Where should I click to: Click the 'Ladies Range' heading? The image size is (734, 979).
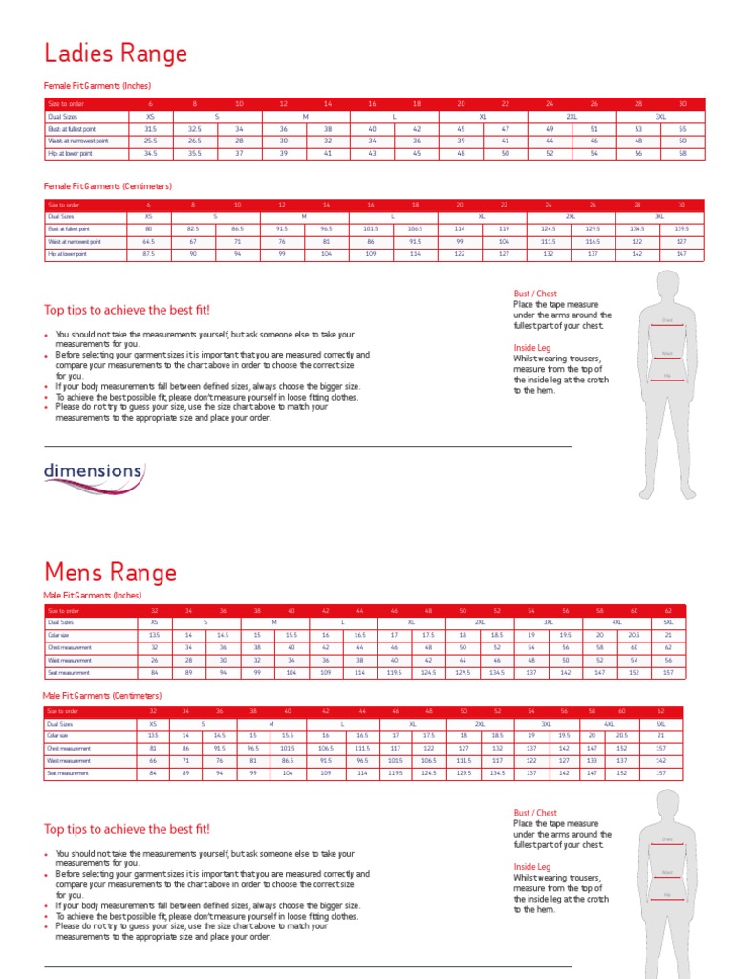pyautogui.click(x=116, y=54)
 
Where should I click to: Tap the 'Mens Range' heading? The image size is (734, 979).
pyautogui.click(x=110, y=573)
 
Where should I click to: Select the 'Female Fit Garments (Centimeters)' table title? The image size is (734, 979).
pyautogui.click(x=108, y=186)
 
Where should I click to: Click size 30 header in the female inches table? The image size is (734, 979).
pyautogui.click(x=682, y=103)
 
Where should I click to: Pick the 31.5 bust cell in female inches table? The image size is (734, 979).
pyautogui.click(x=150, y=128)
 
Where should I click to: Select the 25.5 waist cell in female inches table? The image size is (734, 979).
pyautogui.click(x=150, y=141)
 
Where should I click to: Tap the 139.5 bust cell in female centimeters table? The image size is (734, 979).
pyautogui.click(x=682, y=229)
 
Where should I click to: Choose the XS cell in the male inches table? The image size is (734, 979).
pyautogui.click(x=153, y=621)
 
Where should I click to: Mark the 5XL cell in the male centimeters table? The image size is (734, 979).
pyautogui.click(x=660, y=724)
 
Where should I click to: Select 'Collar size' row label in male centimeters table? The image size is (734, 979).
pyautogui.click(x=60, y=736)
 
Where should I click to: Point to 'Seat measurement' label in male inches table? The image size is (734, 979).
pyautogui.click(x=69, y=671)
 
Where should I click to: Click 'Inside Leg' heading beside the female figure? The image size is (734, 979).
pyautogui.click(x=532, y=348)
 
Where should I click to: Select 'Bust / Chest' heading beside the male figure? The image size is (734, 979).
pyautogui.click(x=535, y=813)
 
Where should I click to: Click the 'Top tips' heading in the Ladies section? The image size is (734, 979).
pyautogui.click(x=127, y=310)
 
